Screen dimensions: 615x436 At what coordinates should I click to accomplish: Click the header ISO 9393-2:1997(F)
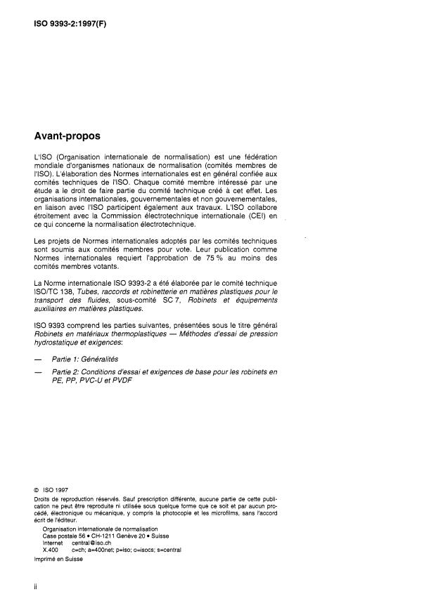pyautogui.click(x=70, y=23)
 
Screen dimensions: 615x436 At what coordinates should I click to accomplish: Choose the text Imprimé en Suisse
pyautogui.click(x=58, y=559)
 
